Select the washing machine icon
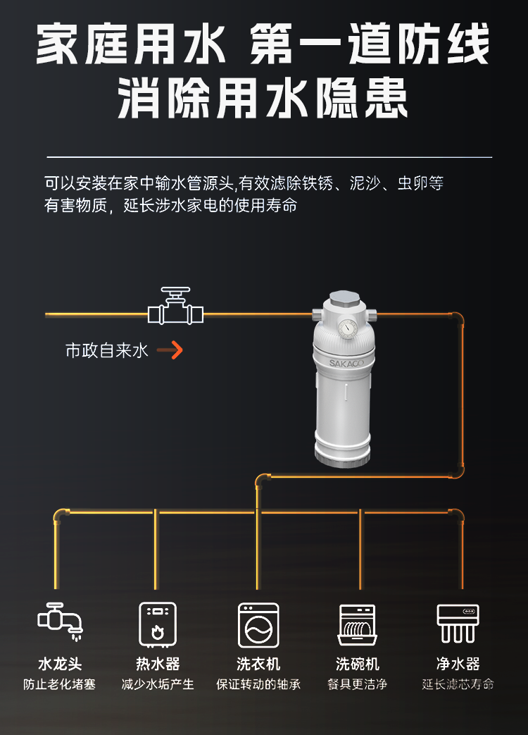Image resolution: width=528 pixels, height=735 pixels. (258, 624)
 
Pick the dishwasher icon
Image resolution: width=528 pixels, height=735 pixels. (357, 624)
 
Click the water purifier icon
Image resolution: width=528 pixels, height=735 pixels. (458, 623)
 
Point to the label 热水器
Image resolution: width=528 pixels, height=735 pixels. (158, 664)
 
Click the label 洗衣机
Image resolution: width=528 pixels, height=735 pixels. (258, 664)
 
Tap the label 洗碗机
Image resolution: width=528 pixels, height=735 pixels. (358, 664)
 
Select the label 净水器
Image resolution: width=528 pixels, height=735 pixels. (458, 664)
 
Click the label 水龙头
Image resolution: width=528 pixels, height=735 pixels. (60, 664)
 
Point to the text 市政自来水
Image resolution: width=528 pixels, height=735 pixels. (107, 350)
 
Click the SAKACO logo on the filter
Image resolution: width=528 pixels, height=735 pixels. (344, 364)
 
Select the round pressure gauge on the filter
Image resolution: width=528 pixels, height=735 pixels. (346, 328)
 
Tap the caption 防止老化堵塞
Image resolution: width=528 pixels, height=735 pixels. (60, 684)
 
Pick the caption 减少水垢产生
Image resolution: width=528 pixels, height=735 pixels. (158, 684)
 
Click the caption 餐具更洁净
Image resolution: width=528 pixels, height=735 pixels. (358, 684)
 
